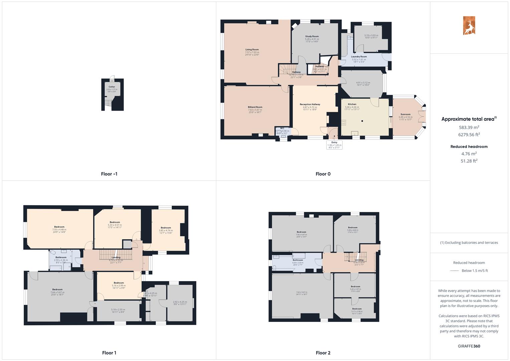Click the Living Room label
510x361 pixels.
click(x=252, y=49)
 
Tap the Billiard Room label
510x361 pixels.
click(x=255, y=107)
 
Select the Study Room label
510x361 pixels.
click(x=312, y=36)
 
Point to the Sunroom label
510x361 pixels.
click(x=405, y=114)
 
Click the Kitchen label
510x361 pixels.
click(x=352, y=104)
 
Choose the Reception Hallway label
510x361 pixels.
click(x=310, y=104)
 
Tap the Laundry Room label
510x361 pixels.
click(x=359, y=57)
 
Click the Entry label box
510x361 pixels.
click(x=334, y=144)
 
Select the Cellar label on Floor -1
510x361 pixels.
click(x=112, y=87)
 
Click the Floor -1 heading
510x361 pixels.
click(x=109, y=174)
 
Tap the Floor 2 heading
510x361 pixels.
click(x=323, y=353)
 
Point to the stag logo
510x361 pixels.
click(x=469, y=26)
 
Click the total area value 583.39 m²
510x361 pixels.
click(x=469, y=127)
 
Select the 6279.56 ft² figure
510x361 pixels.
click(x=469, y=135)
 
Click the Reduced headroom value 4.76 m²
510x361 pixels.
click(x=469, y=154)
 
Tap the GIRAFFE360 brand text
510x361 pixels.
click(x=469, y=346)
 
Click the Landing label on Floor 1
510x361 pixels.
click(x=116, y=257)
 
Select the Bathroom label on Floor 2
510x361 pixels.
click(x=298, y=260)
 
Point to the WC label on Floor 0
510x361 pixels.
click(x=282, y=128)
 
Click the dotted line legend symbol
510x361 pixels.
click(x=455, y=271)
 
